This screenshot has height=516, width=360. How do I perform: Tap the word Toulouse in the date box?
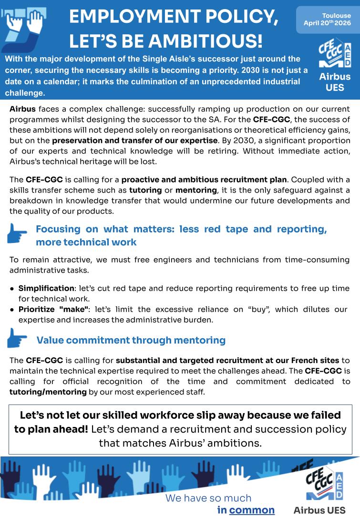[336, 16]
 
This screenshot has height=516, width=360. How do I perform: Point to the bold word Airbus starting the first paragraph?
[22, 109]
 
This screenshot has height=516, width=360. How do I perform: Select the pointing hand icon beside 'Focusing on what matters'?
[17, 234]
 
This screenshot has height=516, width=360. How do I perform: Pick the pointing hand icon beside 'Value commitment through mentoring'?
[17, 338]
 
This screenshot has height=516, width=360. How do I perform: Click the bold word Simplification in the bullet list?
[46, 288]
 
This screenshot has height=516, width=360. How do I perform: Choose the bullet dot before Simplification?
[11, 289]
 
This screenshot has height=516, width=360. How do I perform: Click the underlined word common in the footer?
[252, 510]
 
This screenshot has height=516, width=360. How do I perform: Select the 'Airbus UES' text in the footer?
[319, 510]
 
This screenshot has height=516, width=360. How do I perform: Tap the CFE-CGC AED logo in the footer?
[324, 482]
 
